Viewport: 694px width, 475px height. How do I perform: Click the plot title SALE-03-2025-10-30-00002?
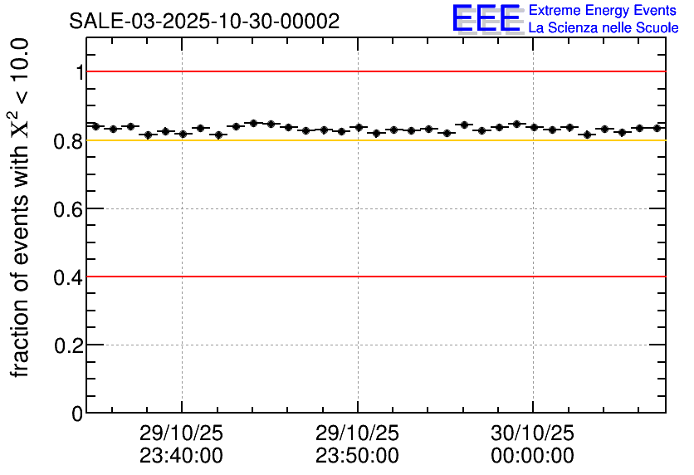point(204,22)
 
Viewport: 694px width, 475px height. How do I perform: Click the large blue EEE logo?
point(486,19)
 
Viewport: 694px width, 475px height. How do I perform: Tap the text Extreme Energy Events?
point(603,11)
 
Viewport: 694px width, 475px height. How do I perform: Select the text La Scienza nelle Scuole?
point(604,28)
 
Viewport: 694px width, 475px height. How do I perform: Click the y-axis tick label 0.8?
point(70,140)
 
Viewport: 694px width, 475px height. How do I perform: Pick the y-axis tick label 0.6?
point(70,208)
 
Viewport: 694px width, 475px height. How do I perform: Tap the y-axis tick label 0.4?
point(70,277)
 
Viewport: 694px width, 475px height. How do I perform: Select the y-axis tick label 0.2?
point(70,345)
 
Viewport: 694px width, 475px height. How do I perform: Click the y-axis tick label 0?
point(77,413)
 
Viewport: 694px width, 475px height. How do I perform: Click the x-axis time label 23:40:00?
point(182,456)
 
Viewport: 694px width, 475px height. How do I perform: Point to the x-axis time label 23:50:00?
point(358,456)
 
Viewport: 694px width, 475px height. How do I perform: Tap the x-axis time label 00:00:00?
point(533,456)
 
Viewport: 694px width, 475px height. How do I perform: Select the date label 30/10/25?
point(533,434)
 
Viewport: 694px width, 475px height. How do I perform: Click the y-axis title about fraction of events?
point(22,208)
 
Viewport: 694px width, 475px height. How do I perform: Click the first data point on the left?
point(95,126)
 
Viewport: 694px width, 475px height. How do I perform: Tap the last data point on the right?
point(657,128)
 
